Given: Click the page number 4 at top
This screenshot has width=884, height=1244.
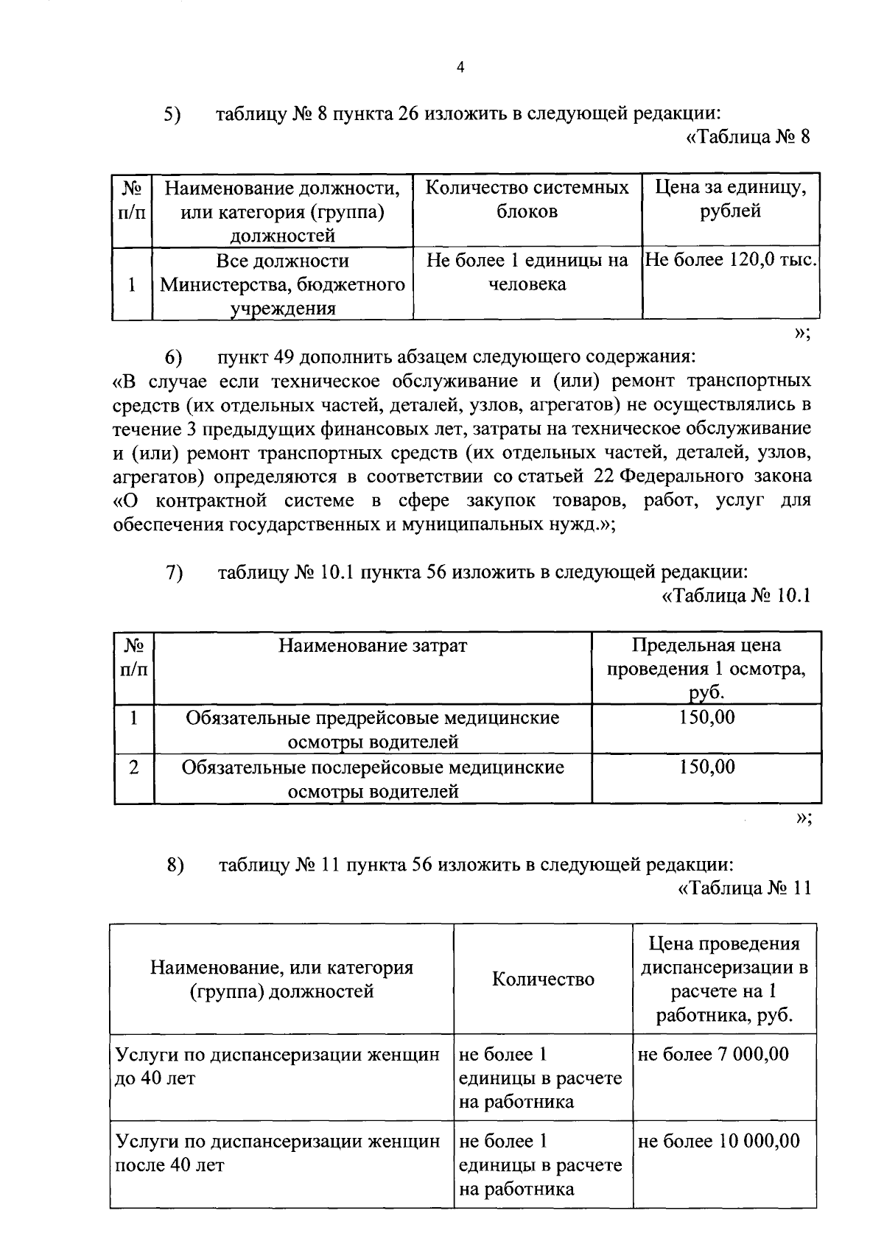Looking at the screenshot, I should pos(460,68).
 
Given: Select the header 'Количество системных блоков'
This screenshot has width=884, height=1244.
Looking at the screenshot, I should pos(527,200).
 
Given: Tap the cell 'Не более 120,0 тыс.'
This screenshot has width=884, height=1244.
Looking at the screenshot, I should pos(732,260).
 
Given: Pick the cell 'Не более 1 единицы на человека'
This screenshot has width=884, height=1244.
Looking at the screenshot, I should pos(527,272).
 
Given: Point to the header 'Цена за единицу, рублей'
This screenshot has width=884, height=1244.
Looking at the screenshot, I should pos(731,200).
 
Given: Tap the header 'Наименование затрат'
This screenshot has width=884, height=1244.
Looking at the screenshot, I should pos(372,646).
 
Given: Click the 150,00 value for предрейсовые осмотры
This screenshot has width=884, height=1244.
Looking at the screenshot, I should pos(706,717).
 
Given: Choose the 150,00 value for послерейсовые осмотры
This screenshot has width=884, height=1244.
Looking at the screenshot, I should pos(706,767).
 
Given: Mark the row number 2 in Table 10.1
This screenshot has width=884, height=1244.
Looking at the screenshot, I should pos(133,767).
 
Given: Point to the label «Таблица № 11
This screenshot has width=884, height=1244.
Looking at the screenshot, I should pos(744,888).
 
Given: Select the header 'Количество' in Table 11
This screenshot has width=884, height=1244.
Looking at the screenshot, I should pos(543,979).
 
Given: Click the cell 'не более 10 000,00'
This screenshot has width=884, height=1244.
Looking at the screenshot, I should pos(718,1141).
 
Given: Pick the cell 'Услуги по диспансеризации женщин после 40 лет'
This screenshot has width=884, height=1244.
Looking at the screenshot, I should pos(278,1153).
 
